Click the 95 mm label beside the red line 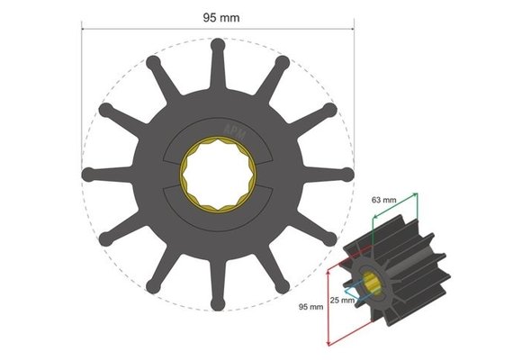310,307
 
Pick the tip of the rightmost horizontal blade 349,174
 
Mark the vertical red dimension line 328,301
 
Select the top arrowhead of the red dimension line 328,261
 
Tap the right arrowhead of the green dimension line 416,193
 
